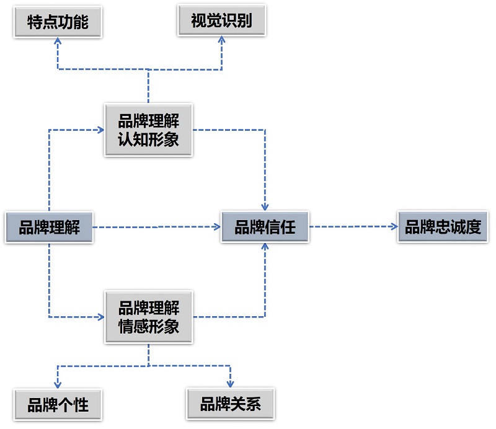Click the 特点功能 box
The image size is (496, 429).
58,22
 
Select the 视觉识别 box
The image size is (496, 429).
221,22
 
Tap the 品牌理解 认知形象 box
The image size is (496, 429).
148,130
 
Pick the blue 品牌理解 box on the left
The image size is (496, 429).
50,227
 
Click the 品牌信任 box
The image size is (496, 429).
265,227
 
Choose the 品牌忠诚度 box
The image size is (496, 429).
443,227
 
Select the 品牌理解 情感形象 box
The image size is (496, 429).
148,317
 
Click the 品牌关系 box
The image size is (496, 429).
230,404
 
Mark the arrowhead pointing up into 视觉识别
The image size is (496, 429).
221,39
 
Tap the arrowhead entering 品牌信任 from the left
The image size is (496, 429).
218,227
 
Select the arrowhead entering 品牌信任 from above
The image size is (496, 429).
265,208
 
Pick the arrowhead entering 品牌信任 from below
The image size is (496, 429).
265,246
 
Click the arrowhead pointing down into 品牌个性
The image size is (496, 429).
58,386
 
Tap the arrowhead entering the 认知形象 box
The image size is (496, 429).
100,130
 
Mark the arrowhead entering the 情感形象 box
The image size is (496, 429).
100,317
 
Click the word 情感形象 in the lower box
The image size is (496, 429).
148,326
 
